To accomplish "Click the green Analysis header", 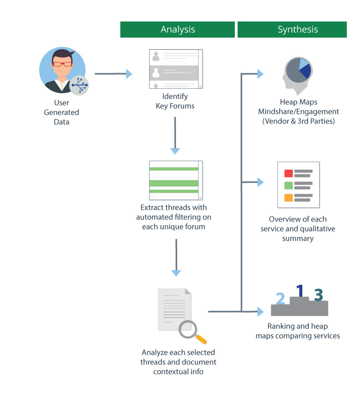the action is click(x=177, y=30).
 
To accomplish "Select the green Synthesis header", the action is click(x=292, y=30).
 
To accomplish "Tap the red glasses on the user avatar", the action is click(x=62, y=64).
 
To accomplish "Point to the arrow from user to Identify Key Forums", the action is click(x=113, y=74).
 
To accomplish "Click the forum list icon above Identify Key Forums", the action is click(x=176, y=69).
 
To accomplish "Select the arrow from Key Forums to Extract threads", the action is click(x=175, y=136).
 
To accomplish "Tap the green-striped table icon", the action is click(x=176, y=180).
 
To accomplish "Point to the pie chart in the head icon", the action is click(x=298, y=70).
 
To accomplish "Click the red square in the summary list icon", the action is click(x=288, y=174).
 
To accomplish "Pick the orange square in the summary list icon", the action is click(x=288, y=198).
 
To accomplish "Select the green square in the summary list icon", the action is click(x=288, y=186).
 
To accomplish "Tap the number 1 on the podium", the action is click(x=300, y=291).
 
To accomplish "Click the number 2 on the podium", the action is click(x=280, y=298).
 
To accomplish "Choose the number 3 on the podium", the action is click(x=319, y=295).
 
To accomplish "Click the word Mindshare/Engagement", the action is click(x=298, y=112).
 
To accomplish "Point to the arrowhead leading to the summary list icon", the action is click(x=260, y=182).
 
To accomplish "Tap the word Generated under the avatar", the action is click(x=62, y=112).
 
